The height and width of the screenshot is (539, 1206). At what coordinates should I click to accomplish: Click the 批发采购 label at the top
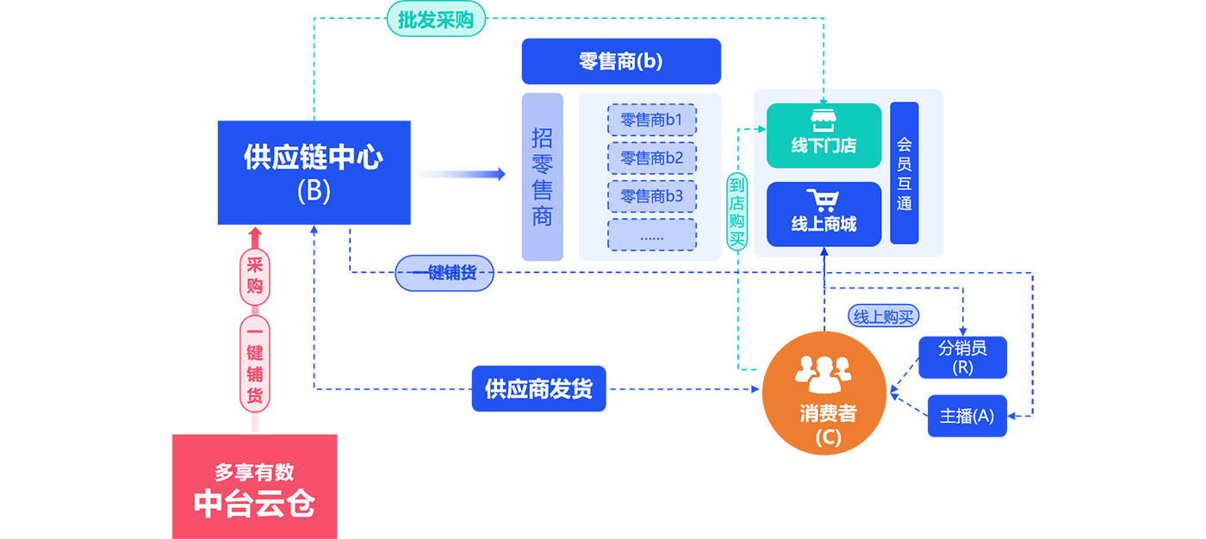tap(436, 20)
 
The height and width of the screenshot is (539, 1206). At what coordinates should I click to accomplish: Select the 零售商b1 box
tap(651, 120)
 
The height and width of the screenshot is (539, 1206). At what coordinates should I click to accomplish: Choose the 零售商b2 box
tap(651, 158)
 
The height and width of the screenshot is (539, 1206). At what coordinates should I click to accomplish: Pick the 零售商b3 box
tap(651, 196)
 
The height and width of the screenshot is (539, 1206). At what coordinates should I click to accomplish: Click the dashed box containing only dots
tap(651, 235)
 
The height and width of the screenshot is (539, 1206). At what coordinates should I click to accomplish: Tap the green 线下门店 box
tap(824, 136)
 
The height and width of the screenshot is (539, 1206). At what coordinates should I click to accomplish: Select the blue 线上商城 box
tap(824, 214)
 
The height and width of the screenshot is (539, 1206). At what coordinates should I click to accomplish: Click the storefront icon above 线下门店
tap(824, 121)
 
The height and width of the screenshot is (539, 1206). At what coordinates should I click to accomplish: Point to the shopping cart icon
tap(823, 200)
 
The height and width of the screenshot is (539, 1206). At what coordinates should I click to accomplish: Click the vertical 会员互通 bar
tap(904, 173)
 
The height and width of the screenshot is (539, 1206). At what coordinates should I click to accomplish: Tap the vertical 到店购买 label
tap(737, 211)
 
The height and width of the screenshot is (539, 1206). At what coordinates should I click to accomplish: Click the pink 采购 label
tap(254, 275)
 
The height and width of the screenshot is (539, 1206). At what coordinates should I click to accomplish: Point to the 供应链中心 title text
tap(314, 158)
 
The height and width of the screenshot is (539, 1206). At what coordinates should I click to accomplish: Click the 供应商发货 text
tap(538, 389)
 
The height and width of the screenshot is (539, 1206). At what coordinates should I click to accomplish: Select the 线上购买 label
tap(883, 317)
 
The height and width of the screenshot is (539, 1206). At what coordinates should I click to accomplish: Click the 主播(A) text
tap(967, 416)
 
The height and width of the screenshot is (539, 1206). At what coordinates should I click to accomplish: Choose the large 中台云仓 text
tap(254, 504)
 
